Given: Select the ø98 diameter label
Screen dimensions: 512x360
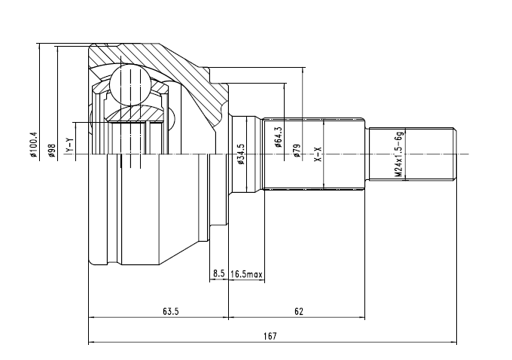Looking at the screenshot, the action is tap(53, 151).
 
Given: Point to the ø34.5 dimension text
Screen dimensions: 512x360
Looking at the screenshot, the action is tap(241, 154).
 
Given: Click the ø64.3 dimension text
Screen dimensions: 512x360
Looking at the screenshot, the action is tap(279, 136).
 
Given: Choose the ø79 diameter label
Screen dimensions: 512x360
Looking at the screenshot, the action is tap(297, 150).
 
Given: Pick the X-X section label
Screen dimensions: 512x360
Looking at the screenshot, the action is tap(318, 155).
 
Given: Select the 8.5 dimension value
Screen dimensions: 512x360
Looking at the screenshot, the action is tap(218, 274).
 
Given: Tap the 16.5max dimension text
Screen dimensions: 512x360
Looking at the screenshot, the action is tap(246, 274).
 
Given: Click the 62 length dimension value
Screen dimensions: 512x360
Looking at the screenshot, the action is tap(299, 311).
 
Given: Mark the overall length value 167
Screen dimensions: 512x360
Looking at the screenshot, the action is tap(271, 337).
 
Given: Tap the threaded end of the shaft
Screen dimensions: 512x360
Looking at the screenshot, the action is tap(414, 154).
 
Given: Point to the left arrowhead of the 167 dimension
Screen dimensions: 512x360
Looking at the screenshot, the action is tap(92, 343).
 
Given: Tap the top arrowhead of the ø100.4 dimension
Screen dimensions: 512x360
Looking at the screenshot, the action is tap(38, 46).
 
